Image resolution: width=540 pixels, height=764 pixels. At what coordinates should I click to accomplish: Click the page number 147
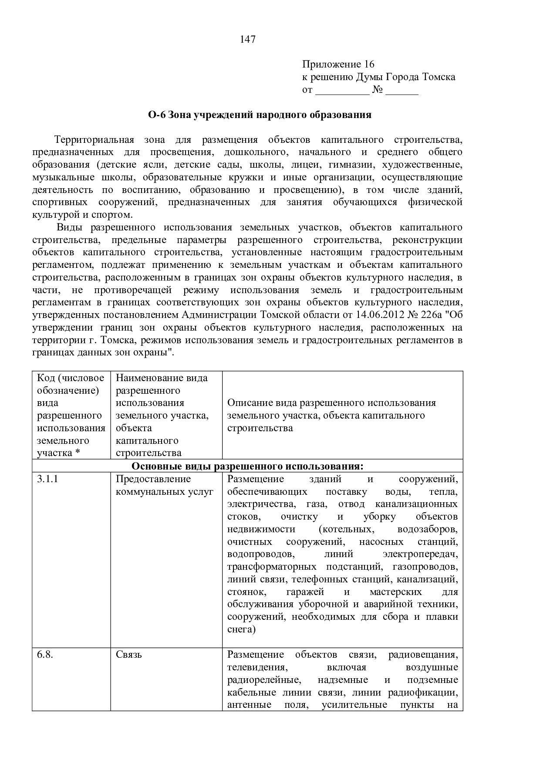click(247, 40)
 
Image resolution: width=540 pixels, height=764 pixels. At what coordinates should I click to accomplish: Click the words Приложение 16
click(338, 64)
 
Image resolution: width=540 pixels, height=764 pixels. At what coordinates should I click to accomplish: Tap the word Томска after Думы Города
click(439, 77)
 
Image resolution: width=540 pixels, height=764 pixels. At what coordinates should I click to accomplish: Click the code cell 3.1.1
click(48, 480)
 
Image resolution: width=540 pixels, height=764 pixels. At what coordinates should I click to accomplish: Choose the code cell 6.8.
click(45, 655)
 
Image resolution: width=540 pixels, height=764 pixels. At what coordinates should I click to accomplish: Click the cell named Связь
click(129, 655)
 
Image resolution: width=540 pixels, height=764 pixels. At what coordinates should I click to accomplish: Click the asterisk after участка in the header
click(78, 453)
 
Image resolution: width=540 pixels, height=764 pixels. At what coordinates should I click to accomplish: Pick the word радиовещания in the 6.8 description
click(422, 655)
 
